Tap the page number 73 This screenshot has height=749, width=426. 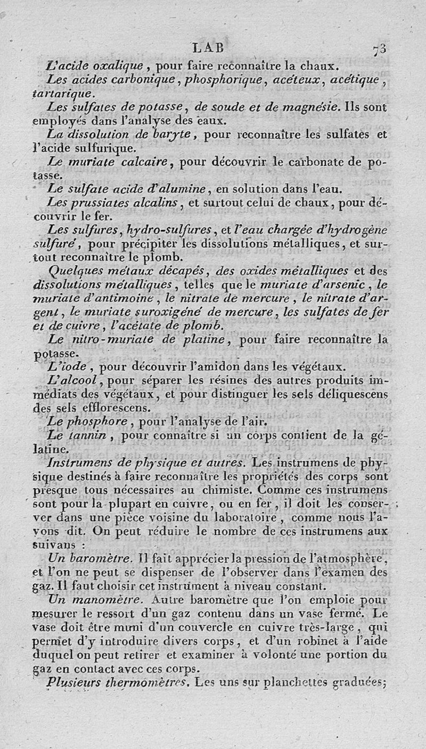pos(380,49)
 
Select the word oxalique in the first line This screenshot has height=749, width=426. pos(118,67)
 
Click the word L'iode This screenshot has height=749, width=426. pos(64,367)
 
